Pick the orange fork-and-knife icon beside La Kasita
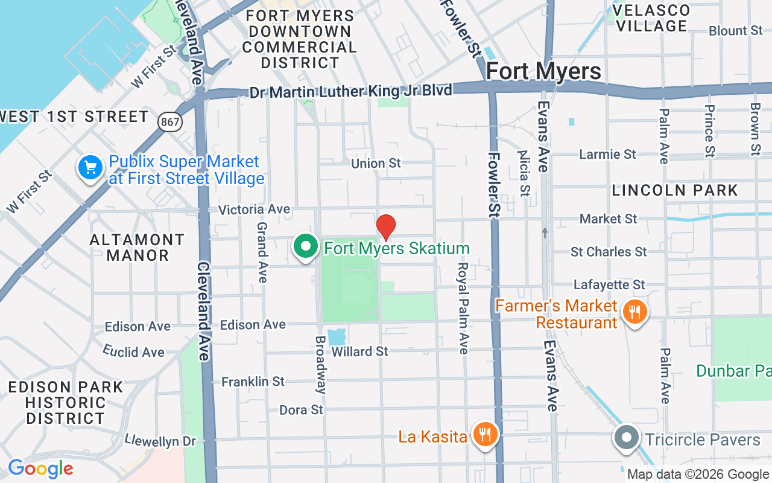[x=484, y=435]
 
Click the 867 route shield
[x=171, y=121]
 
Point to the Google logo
[x=40, y=469]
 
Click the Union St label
[x=376, y=163]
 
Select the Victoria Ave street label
[x=254, y=210]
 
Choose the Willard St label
[x=360, y=351]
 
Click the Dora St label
[x=302, y=410]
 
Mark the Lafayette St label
[x=609, y=284]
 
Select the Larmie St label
[x=607, y=154]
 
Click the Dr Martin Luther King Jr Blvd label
[x=351, y=92]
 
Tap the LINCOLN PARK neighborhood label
[x=675, y=190]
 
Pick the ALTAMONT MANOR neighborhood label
[x=138, y=248]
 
